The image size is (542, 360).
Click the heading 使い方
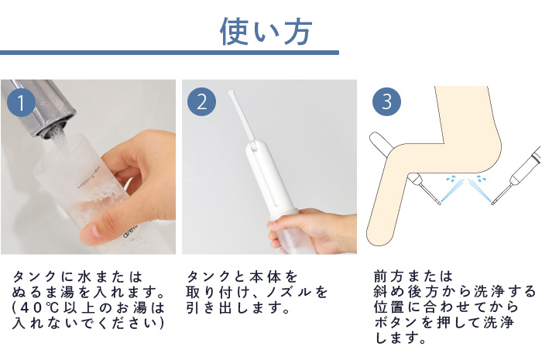point(266,32)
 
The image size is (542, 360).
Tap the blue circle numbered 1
point(21,102)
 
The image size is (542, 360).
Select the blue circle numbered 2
point(201,101)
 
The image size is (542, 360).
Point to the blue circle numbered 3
point(386,101)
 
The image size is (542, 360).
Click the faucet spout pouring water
point(38,107)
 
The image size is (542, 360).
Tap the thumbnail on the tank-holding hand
point(91,231)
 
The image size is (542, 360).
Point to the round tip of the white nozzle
point(231,93)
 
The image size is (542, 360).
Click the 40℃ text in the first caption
point(35,308)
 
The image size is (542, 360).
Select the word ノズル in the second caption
point(288,293)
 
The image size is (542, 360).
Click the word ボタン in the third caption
point(395,323)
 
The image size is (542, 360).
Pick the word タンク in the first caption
point(34,276)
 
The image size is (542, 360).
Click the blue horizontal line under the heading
point(170,53)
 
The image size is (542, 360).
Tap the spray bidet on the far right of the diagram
point(516,176)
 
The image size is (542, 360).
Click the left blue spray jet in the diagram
point(453,192)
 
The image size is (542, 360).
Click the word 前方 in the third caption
point(389,276)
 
